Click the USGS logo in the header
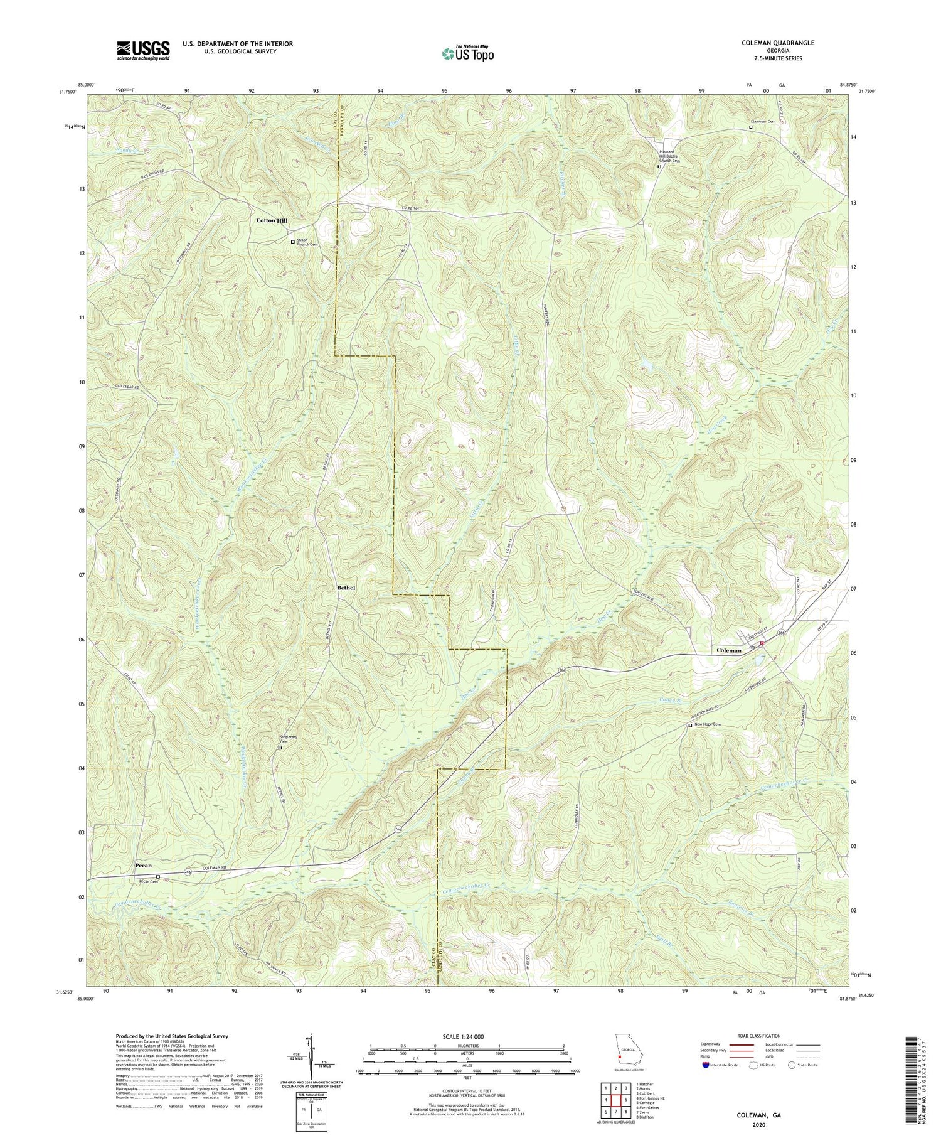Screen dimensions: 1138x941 (x=143, y=50)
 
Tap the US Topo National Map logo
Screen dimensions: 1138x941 (x=467, y=53)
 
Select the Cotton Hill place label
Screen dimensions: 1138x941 (x=272, y=221)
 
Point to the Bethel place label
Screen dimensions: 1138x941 (x=346, y=588)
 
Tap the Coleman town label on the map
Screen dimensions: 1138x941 (x=729, y=650)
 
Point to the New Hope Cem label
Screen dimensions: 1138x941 (x=708, y=725)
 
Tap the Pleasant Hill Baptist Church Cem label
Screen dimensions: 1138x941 (x=674, y=156)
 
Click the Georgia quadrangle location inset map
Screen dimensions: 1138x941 (x=627, y=1053)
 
